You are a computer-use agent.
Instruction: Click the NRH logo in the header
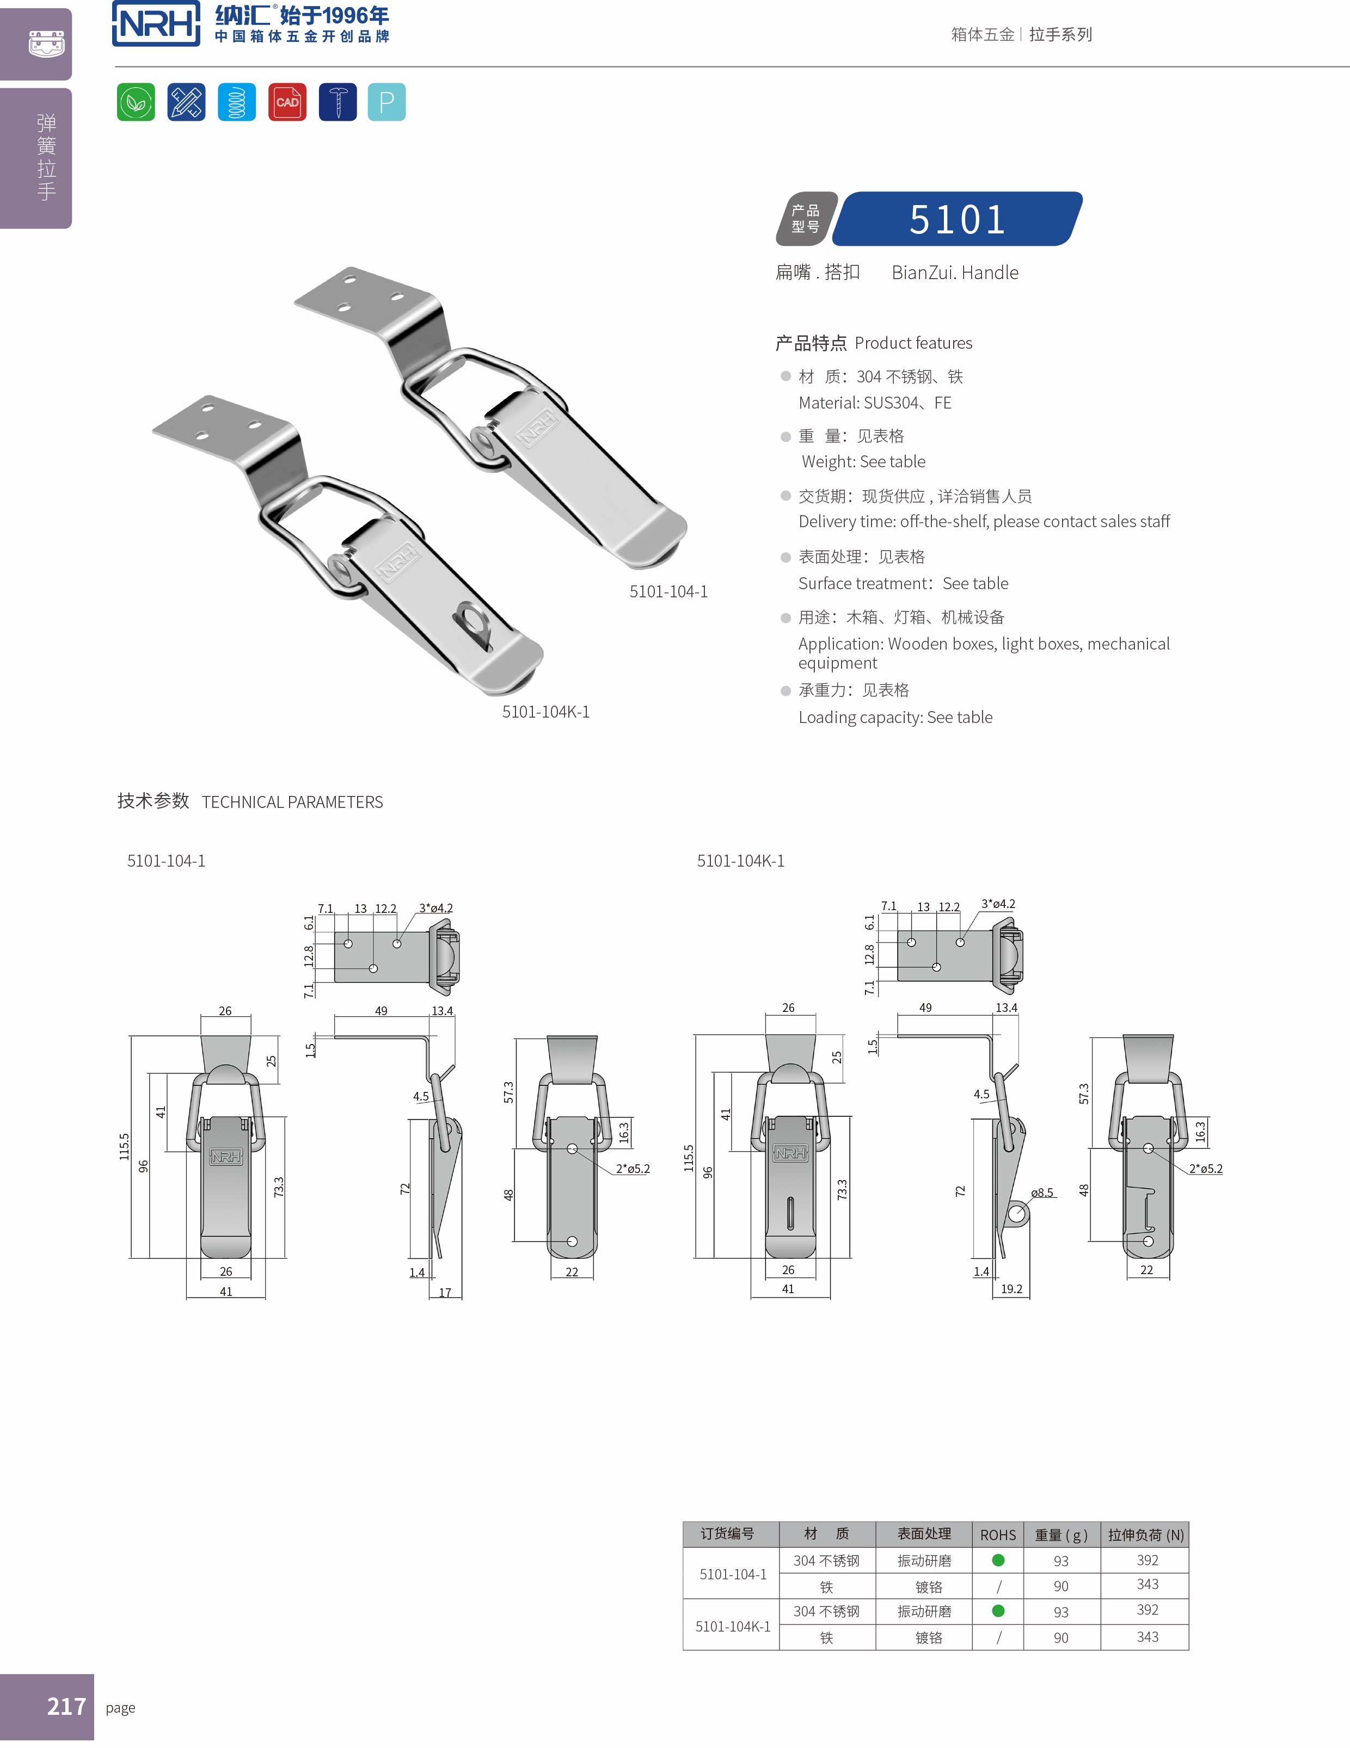pos(156,24)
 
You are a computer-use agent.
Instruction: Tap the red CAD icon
pos(287,102)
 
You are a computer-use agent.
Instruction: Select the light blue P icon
pos(386,102)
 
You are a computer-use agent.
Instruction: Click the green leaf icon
pos(136,102)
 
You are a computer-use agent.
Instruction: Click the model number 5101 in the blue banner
pos(957,219)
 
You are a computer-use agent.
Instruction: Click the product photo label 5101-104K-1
pos(545,712)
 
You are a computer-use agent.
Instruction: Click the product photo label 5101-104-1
pos(668,591)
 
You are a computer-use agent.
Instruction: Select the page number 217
pos(66,1706)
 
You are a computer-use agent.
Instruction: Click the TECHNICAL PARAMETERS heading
pos(292,802)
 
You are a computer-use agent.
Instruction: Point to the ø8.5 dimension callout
pos(1042,1193)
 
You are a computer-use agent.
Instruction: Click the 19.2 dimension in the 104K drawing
pos(1011,1289)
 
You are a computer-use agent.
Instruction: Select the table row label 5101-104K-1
pos(733,1626)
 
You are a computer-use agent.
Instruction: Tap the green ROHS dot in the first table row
pos(998,1560)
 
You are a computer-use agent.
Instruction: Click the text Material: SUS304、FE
pos(874,403)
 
